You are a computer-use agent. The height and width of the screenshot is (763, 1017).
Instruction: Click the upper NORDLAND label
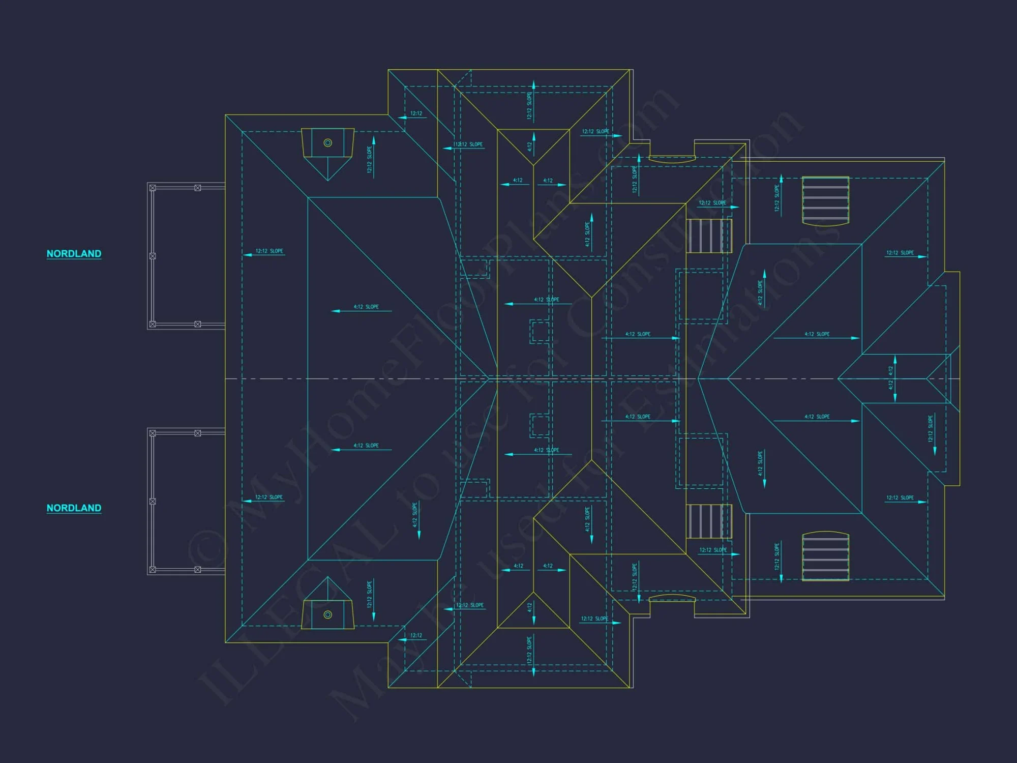(74, 253)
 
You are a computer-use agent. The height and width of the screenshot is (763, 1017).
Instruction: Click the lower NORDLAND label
(74, 508)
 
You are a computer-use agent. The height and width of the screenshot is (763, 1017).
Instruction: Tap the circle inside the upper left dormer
(328, 143)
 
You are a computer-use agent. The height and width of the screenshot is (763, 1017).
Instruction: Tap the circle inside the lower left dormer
(328, 614)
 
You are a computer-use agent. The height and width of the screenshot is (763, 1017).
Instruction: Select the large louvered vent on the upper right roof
(825, 200)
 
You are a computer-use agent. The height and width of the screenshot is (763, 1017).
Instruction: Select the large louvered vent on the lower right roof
(825, 556)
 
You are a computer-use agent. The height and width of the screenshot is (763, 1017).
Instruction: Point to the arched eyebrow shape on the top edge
(672, 159)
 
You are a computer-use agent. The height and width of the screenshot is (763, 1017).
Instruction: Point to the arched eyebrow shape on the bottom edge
(672, 598)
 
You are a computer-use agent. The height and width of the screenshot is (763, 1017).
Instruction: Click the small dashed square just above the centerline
(539, 331)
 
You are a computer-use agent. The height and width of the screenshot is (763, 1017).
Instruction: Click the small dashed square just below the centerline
(539, 425)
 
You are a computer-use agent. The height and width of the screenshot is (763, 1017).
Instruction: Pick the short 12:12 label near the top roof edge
(416, 113)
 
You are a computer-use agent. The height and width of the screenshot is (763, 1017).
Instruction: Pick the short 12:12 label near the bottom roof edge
(416, 635)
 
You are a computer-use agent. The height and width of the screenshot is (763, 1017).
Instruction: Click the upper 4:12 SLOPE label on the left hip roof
(366, 307)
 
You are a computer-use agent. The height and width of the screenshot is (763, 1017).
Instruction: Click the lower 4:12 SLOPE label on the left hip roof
(366, 446)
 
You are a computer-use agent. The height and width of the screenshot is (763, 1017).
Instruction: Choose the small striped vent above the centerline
(709, 236)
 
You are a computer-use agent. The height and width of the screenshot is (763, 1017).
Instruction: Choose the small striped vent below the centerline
(709, 521)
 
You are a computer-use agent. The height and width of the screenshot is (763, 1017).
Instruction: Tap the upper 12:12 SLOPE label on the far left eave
(269, 251)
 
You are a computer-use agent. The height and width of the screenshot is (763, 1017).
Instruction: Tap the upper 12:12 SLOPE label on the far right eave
(900, 252)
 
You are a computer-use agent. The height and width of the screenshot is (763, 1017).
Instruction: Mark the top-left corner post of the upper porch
(153, 188)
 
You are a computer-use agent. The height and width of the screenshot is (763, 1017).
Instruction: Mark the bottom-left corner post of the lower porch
(153, 569)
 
